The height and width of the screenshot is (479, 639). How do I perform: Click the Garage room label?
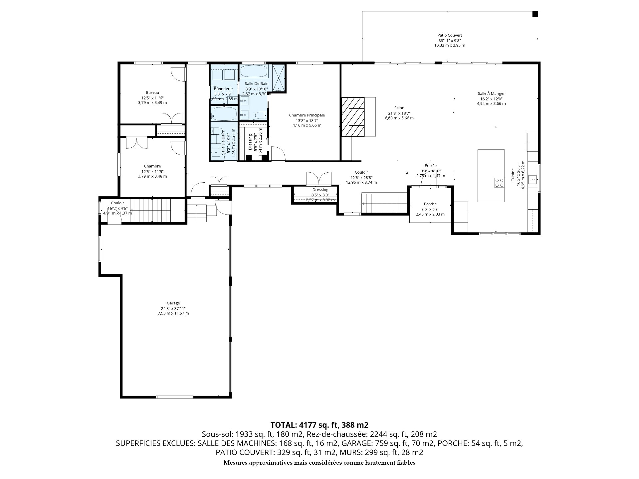173,303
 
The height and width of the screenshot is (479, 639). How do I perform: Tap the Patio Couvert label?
450,35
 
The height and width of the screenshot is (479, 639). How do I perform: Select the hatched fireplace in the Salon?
353,117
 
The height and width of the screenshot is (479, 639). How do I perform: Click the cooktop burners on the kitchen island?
499,183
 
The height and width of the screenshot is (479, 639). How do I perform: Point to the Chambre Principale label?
307,115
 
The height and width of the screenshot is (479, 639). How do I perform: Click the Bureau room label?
152,92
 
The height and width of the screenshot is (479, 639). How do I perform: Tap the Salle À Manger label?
491,93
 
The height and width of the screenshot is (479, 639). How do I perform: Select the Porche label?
430,204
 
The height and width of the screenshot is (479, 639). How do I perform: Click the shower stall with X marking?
279,78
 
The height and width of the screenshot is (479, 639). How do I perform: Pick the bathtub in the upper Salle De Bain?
254,71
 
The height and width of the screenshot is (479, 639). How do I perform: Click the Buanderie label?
223,89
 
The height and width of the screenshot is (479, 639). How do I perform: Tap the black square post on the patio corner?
535,14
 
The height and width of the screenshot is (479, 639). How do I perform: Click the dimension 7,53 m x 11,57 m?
173,313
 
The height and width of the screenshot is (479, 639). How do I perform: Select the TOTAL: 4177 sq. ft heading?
319,425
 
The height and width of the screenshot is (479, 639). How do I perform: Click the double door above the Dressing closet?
319,179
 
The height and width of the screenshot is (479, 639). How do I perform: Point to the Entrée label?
430,166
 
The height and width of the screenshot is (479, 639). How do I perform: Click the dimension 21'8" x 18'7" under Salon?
399,113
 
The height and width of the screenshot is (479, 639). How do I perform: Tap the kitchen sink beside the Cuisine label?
534,180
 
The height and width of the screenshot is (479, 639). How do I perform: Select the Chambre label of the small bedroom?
152,166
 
